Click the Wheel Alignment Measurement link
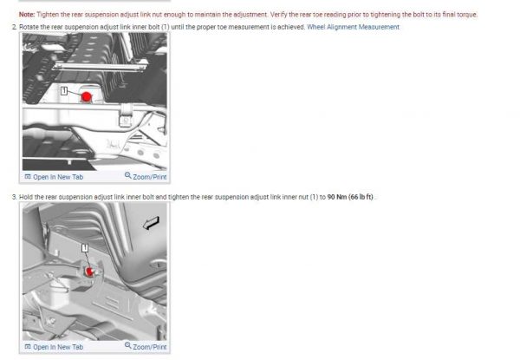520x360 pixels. [354, 27]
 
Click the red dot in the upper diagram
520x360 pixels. [86, 97]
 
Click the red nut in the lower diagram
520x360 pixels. [89, 272]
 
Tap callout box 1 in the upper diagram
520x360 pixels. [64, 90]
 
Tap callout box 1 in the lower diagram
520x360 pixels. [85, 247]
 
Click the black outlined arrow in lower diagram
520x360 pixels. [151, 223]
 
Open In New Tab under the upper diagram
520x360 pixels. [54, 177]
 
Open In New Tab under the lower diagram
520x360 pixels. [54, 347]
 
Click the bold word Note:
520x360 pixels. [27, 15]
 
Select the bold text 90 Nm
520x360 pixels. [337, 197]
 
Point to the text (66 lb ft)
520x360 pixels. [361, 197]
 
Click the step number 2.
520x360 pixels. [14, 27]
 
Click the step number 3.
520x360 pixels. [14, 197]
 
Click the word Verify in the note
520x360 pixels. [278, 15]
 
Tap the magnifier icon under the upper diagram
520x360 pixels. [128, 175]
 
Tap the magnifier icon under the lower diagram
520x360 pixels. [128, 345]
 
